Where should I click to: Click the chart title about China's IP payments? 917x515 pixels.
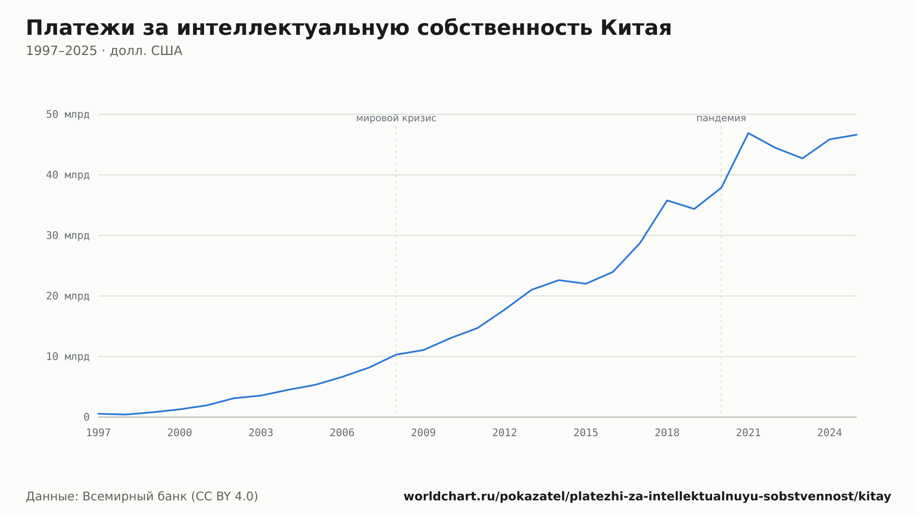point(348,28)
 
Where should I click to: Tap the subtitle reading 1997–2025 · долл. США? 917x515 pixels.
point(104,51)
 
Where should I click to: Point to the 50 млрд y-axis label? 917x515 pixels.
point(67,115)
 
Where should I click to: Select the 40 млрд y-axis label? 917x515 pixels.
point(67,175)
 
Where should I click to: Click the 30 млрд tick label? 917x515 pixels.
point(67,236)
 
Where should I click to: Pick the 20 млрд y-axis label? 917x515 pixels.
point(67,296)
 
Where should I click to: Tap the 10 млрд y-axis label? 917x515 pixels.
point(67,356)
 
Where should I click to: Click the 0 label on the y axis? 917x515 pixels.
point(87,417)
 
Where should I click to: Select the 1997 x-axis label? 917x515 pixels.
point(99,433)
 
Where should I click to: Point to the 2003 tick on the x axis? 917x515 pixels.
point(261,433)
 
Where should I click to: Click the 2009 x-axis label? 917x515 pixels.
point(423,433)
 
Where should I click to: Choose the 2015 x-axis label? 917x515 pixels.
point(586,433)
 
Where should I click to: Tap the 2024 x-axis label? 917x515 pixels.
point(829,433)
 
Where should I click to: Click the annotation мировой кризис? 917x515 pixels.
point(396,118)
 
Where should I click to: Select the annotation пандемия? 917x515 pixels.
point(721,118)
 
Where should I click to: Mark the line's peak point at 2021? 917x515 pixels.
point(748,133)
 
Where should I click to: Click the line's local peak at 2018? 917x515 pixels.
point(667,200)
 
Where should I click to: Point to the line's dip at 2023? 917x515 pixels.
point(802,159)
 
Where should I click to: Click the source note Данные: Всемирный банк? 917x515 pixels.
point(142,497)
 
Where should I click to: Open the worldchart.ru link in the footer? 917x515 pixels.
point(647,497)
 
